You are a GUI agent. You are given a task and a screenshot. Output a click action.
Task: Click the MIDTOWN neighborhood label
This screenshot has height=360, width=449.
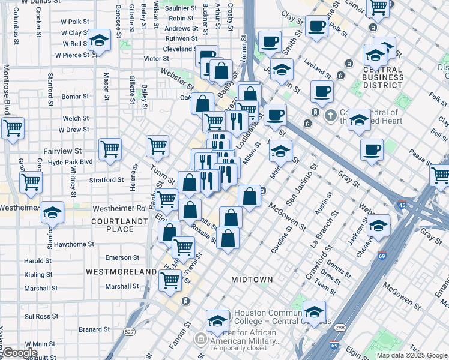click(x=252, y=280)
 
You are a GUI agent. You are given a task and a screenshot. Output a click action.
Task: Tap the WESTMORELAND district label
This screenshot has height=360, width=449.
click(x=121, y=272)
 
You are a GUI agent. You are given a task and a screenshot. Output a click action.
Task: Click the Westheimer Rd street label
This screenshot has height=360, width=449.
click(x=124, y=209)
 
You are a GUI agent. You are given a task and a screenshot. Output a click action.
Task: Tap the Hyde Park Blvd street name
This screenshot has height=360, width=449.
click(x=70, y=162)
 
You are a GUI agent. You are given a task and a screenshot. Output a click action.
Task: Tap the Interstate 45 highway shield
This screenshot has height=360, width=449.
click(x=400, y=205)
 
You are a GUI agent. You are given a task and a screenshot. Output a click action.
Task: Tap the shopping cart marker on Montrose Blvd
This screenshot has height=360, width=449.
click(x=12, y=128)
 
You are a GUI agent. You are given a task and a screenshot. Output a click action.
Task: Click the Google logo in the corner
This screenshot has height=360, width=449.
click(x=20, y=353)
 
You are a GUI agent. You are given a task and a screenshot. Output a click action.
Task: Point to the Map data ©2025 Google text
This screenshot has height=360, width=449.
click(x=412, y=355)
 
